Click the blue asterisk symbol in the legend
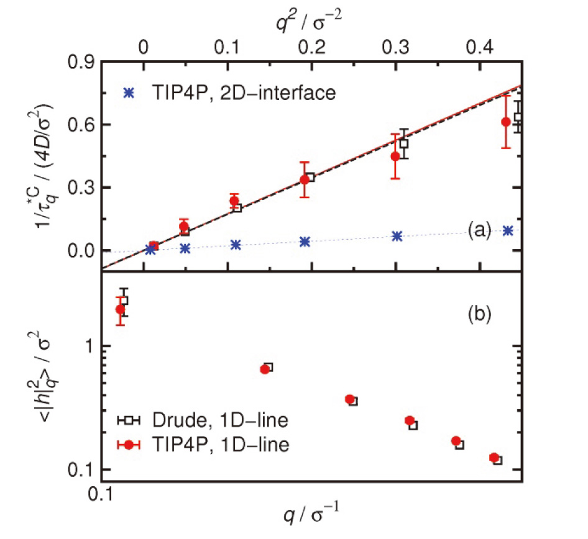coord(129,93)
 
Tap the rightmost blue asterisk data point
coord(508,230)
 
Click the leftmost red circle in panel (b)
coord(121,309)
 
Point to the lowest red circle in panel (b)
coord(494,458)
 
